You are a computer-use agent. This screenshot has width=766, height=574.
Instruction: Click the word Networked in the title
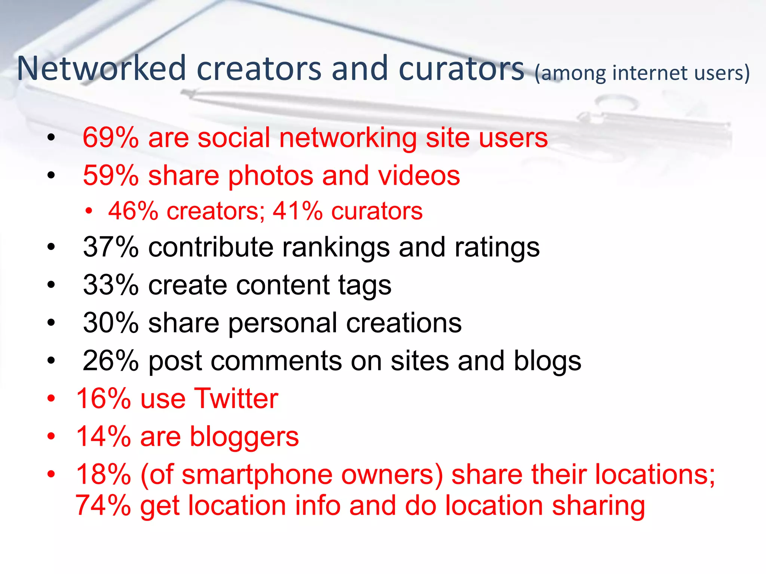pyautogui.click(x=101, y=68)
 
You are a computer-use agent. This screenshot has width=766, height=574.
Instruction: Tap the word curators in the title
pyautogui.click(x=462, y=68)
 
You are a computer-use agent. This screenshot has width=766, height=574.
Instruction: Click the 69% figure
pyautogui.click(x=111, y=138)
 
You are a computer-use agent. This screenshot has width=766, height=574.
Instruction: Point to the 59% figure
pyautogui.click(x=111, y=175)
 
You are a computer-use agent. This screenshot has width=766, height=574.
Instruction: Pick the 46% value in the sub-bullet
pyautogui.click(x=133, y=211)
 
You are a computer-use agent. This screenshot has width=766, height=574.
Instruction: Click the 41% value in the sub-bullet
pyautogui.click(x=297, y=211)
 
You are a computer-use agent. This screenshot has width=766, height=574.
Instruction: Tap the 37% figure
pyautogui.click(x=111, y=247)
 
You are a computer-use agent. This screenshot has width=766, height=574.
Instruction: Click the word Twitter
pyautogui.click(x=236, y=398)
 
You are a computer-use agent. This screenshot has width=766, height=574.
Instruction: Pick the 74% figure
pyautogui.click(x=103, y=505)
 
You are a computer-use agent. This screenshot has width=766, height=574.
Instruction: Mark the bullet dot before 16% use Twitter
pyautogui.click(x=51, y=398)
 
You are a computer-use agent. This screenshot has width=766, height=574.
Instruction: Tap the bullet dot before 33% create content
pyautogui.click(x=51, y=285)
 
